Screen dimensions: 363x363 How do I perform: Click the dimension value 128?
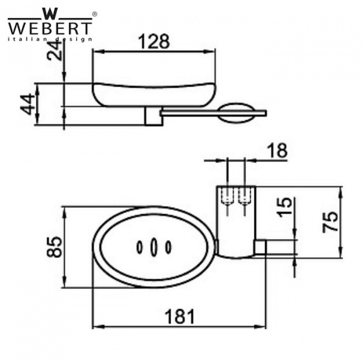click(154, 41)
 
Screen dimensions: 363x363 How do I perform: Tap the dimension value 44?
click(27, 105)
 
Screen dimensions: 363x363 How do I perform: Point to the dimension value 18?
click(277, 151)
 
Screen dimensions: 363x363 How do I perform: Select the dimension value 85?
click(54, 247)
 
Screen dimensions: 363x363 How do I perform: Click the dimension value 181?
click(180, 316)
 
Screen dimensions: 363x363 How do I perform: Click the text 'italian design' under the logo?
click(50, 39)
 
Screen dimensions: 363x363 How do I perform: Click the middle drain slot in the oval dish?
click(154, 247)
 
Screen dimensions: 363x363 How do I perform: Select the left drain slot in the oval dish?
click(140, 247)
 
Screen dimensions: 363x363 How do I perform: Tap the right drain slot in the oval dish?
click(168, 247)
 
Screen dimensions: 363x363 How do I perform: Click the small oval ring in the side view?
click(237, 113)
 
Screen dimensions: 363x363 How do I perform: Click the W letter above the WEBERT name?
click(50, 11)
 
